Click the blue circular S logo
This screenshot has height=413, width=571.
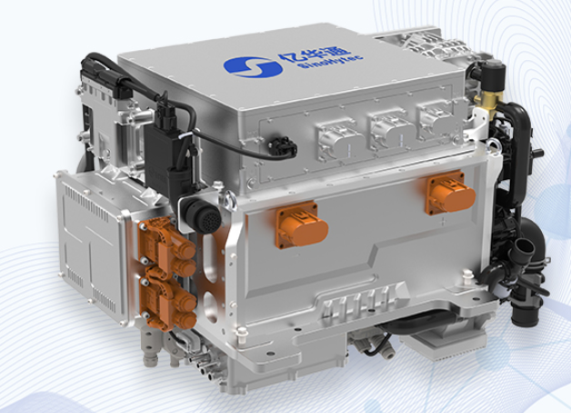coord(253,67)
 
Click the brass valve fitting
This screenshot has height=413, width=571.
coord(486,101)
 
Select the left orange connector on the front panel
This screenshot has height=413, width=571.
coord(301,226)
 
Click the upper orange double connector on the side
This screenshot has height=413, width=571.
coord(167,244)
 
